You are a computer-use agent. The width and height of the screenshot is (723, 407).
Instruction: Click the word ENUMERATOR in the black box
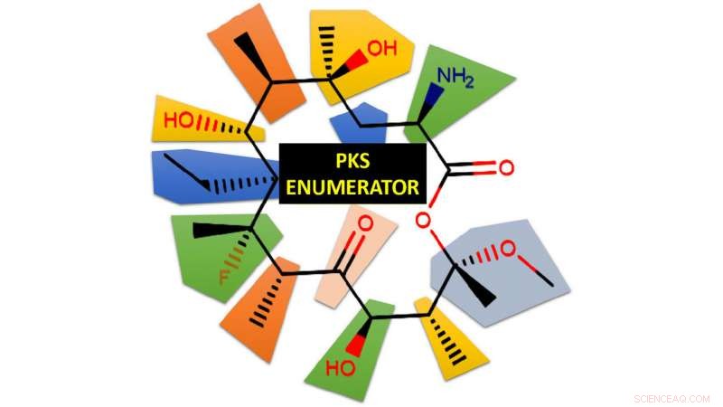pos(351,186)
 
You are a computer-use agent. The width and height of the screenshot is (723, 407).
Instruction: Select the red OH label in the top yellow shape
pos(381,48)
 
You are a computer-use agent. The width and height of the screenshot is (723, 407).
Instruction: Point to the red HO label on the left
pos(178,119)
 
